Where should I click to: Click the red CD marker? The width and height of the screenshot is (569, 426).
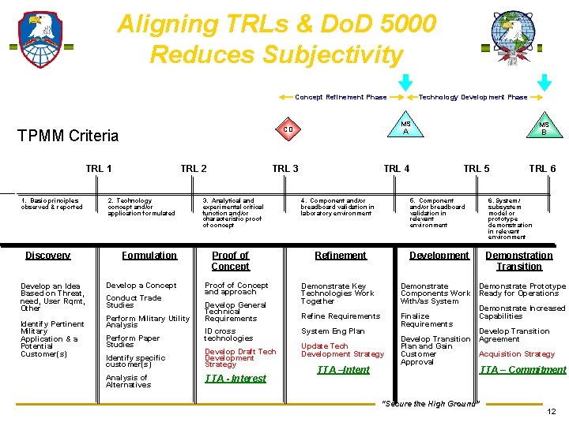[288, 129]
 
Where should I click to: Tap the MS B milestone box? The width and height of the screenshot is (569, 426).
[544, 128]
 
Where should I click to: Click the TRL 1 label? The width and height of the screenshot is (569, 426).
[99, 168]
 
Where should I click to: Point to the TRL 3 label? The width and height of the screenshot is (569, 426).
[285, 168]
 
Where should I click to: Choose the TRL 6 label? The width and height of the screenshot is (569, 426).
[542, 168]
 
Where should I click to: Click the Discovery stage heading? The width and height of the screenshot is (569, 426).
[47, 256]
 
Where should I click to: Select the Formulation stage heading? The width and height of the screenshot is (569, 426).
[149, 256]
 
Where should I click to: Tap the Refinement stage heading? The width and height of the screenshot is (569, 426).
[341, 256]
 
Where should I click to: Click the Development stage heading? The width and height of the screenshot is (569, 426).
[439, 256]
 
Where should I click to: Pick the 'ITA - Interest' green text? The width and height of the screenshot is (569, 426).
[236, 379]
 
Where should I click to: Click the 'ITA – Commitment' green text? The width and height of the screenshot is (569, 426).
[522, 369]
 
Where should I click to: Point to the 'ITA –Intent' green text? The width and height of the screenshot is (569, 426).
[343, 369]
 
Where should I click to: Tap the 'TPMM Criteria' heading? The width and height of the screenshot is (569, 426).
[68, 136]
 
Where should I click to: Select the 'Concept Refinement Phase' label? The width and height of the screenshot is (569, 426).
[341, 97]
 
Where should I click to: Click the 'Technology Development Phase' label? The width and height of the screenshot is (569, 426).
[473, 97]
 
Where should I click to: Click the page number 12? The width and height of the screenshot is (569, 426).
[551, 412]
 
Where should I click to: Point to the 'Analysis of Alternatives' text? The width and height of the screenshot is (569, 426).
[128, 381]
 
